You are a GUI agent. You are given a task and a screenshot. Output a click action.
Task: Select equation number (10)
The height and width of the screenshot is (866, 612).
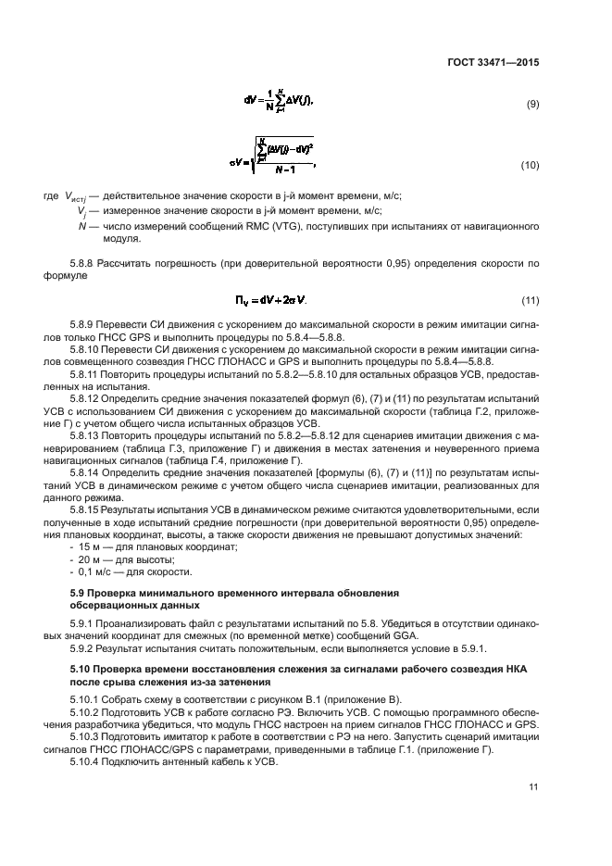[531, 165]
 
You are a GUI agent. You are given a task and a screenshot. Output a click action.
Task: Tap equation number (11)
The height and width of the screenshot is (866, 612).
[531, 301]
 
